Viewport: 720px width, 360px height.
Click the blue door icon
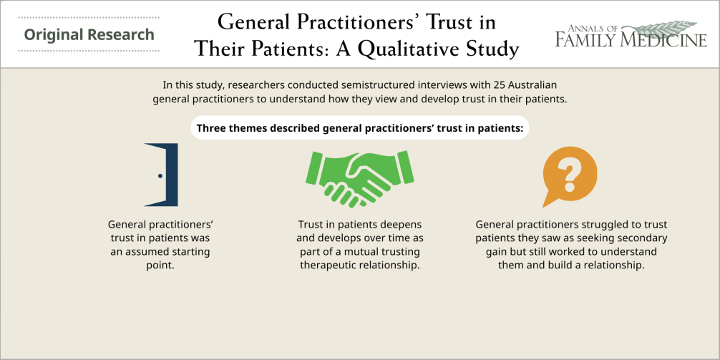162,175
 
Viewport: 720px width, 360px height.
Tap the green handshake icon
359,179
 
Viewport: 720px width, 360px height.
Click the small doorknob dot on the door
160,176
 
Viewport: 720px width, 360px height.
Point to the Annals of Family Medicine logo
631,34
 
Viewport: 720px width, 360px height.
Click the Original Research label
89,34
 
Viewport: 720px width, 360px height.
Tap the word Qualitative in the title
412,49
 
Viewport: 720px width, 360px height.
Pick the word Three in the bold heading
210,128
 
